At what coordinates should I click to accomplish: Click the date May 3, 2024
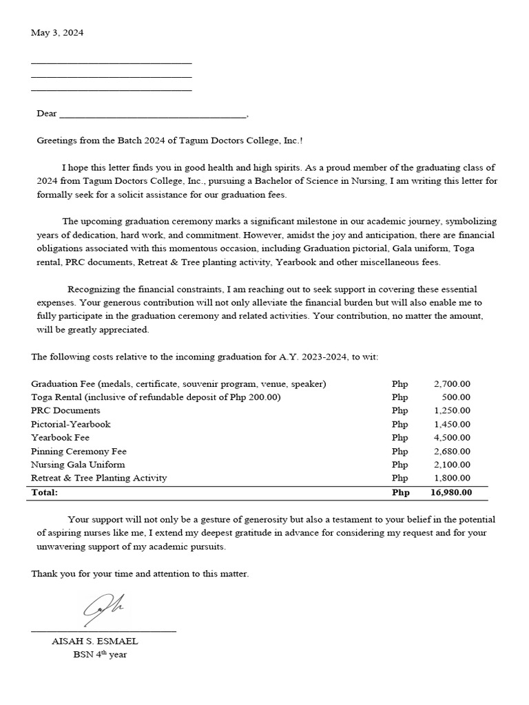[57, 33]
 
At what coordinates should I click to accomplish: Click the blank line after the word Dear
[152, 114]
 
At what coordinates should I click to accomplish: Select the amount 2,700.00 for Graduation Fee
[452, 383]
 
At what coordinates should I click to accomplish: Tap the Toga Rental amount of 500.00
[456, 397]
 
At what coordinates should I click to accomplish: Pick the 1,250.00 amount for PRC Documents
[452, 410]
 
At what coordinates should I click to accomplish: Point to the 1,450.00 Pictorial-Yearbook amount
[452, 424]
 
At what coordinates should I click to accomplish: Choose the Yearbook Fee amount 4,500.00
[452, 437]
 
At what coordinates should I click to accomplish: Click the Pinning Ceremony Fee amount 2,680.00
[452, 451]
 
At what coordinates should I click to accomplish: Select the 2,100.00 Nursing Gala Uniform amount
[452, 465]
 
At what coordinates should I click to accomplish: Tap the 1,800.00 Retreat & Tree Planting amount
[452, 478]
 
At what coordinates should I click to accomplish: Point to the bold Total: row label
[45, 492]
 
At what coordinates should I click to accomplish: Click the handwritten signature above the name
[103, 607]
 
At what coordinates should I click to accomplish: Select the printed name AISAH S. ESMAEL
[95, 641]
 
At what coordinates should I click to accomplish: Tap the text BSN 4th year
[100, 655]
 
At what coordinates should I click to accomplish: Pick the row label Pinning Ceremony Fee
[79, 451]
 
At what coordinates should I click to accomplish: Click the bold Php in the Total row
[400, 492]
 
